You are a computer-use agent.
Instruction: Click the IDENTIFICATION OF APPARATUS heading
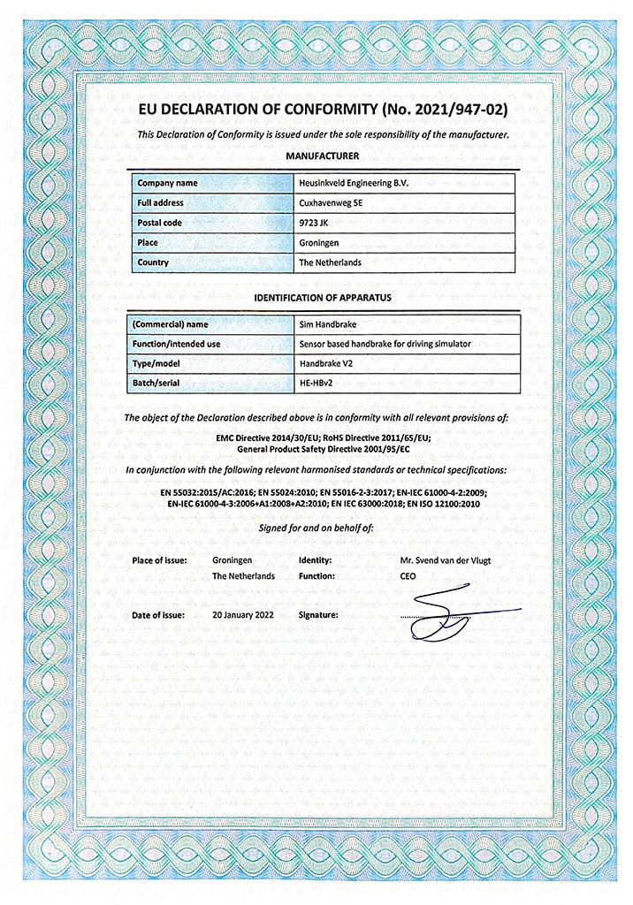click(x=323, y=298)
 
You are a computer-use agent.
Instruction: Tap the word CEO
click(x=408, y=576)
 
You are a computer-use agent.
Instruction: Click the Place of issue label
click(x=159, y=560)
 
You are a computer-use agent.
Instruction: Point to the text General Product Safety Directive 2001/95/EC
click(x=323, y=448)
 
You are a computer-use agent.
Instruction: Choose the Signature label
click(x=320, y=613)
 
